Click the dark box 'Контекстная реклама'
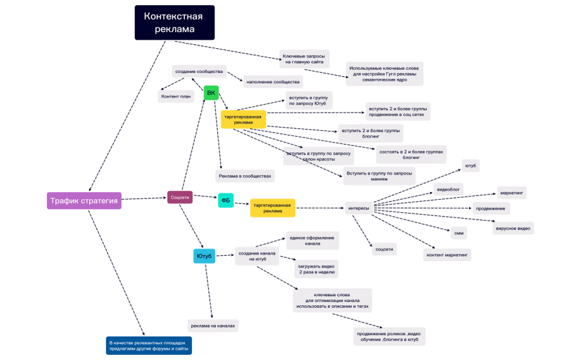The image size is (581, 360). click(x=174, y=23)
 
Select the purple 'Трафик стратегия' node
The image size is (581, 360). click(x=85, y=201)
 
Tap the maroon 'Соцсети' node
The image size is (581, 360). click(x=180, y=196)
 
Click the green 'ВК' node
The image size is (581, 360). click(x=211, y=93)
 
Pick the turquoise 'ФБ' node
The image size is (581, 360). click(x=226, y=201)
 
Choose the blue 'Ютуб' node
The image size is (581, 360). click(x=204, y=256)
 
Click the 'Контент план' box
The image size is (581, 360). click(x=176, y=96)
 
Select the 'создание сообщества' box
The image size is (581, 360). click(x=199, y=71)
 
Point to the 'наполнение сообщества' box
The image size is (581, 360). click(x=273, y=82)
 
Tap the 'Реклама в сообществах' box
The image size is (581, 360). click(x=245, y=176)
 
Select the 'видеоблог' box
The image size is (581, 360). click(x=448, y=189)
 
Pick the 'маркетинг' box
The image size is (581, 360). click(x=511, y=193)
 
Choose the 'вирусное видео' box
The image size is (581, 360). click(x=513, y=228)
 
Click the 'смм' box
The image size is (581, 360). click(x=459, y=232)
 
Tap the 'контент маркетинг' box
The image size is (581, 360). click(x=448, y=255)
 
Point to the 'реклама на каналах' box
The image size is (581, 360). click(x=213, y=325)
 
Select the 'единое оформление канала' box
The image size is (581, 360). click(x=312, y=241)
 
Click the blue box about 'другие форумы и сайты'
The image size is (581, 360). click(x=149, y=345)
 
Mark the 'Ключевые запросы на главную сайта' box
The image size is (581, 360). click(x=305, y=59)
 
